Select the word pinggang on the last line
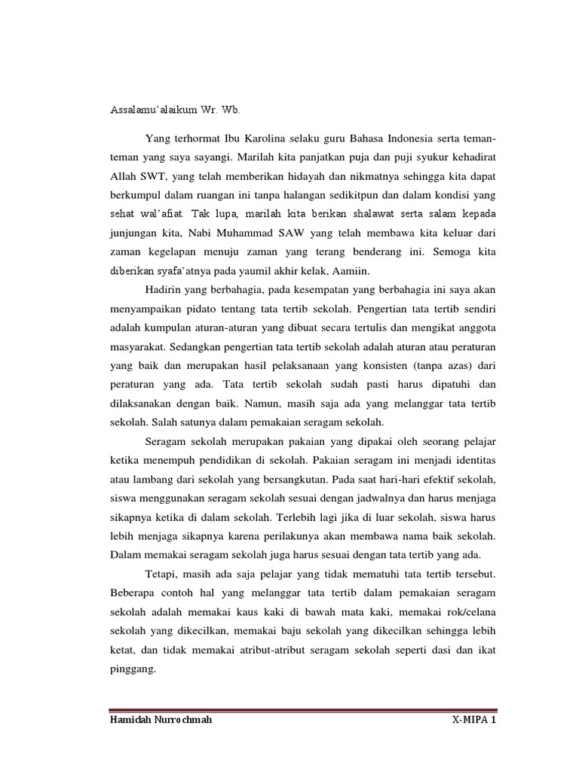point(131,667)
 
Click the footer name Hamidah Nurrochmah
point(161,721)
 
